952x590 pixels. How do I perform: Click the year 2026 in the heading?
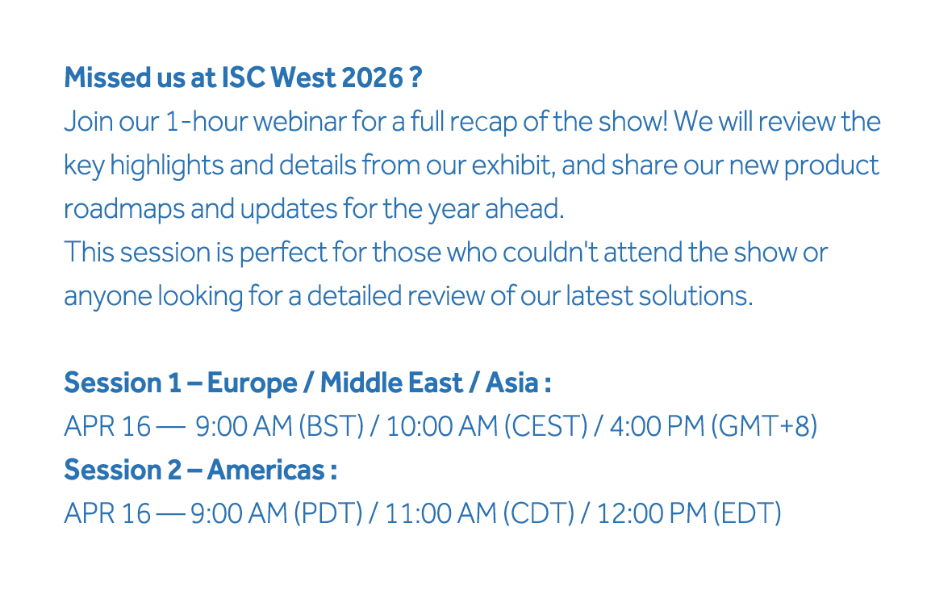point(372,77)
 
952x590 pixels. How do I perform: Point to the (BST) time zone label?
point(331,426)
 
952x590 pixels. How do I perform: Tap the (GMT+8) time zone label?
point(764,426)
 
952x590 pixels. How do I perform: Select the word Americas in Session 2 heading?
point(266,471)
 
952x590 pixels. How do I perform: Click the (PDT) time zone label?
point(328,514)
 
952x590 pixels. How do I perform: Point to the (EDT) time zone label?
point(747,514)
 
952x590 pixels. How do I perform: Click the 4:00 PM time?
point(657,426)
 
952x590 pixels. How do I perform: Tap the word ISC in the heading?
point(243,77)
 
